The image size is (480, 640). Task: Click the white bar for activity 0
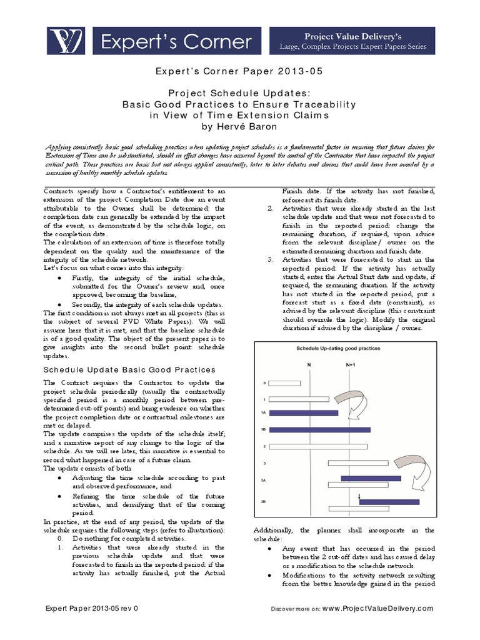[x=289, y=382]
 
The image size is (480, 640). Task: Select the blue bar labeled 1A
[x=304, y=413]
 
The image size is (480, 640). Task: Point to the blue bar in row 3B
[x=389, y=501]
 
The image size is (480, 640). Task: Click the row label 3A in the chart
[x=264, y=479]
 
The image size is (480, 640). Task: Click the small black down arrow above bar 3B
[x=359, y=496]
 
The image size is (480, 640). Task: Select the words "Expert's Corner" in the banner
[x=177, y=42]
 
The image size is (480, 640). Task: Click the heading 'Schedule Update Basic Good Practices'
[x=129, y=370]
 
